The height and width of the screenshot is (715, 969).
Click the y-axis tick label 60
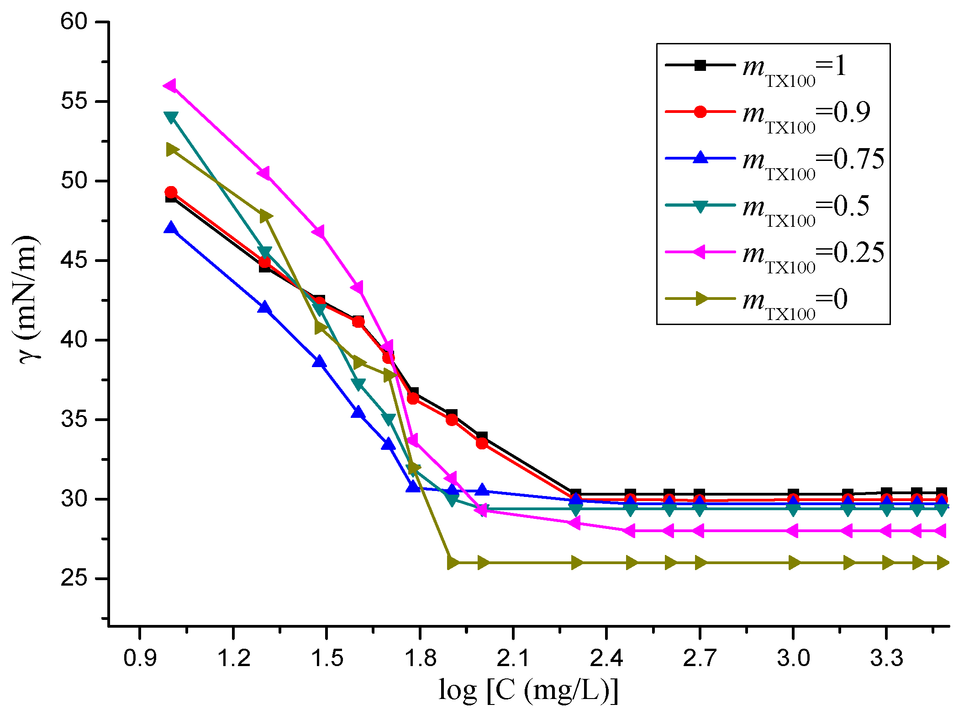pyautogui.click(x=74, y=21)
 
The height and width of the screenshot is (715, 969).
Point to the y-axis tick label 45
pyautogui.click(x=74, y=261)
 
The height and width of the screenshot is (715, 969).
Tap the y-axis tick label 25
pyautogui.click(x=74, y=578)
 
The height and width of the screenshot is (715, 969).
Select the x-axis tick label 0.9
pyautogui.click(x=140, y=658)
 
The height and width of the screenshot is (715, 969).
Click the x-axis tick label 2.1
pyautogui.click(x=513, y=658)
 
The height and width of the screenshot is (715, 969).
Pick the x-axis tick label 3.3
pyautogui.click(x=886, y=658)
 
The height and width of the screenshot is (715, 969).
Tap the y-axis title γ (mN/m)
pyautogui.click(x=28, y=300)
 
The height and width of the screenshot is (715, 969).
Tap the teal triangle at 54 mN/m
pyautogui.click(x=171, y=117)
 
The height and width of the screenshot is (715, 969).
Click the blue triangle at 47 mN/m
pyautogui.click(x=171, y=228)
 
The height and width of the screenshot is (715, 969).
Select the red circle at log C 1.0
pyautogui.click(x=171, y=192)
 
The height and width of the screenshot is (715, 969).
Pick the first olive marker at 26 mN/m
pyautogui.click(x=453, y=563)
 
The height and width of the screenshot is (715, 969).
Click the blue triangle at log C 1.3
pyautogui.click(x=264, y=307)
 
